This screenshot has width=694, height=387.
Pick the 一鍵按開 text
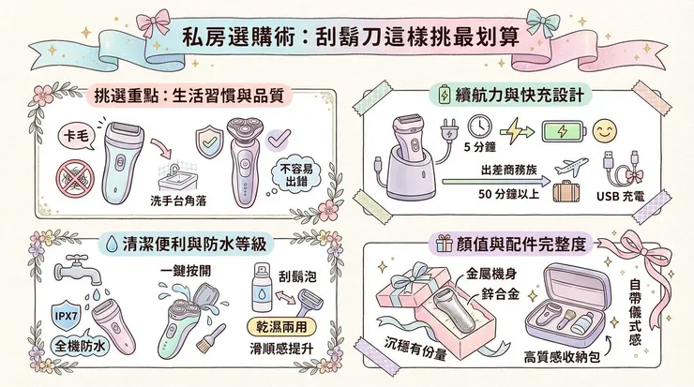coord(180,270)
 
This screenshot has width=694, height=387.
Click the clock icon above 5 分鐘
coord(480,127)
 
